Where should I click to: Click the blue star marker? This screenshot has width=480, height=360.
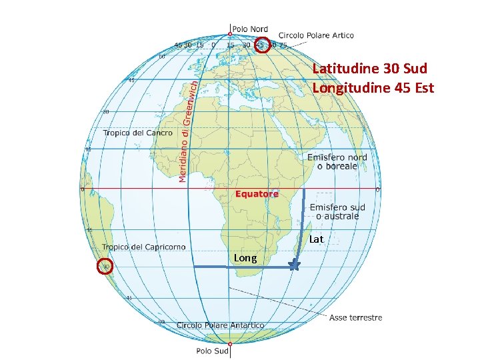tap(293, 265)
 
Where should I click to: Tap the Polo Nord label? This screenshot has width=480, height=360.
tap(250, 29)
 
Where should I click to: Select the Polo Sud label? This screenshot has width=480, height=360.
tap(213, 351)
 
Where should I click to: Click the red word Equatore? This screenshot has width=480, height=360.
tap(257, 194)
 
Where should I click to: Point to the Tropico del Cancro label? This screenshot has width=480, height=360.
tap(137, 133)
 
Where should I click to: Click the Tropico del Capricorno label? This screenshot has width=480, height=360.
tap(144, 247)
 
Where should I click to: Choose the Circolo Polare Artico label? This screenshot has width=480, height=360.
tap(316, 35)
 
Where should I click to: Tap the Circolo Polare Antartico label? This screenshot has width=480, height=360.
tap(220, 325)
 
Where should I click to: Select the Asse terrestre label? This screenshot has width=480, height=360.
tap(355, 317)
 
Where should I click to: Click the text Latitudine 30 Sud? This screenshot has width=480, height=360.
tap(369, 69)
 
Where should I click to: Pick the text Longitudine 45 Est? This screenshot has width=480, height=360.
tap(373, 87)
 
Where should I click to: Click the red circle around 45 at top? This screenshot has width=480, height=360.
tap(262, 45)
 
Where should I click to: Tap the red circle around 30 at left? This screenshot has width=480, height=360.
tap(105, 267)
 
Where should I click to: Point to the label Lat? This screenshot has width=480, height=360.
tap(317, 239)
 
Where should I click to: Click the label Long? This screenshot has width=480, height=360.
tap(245, 258)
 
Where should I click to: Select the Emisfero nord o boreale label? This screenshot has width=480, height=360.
tap(337, 161)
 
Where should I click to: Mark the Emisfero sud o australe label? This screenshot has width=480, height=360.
tap(337, 211)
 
